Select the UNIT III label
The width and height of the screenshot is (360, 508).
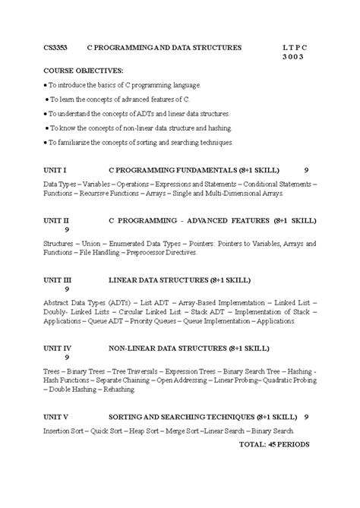(58, 279)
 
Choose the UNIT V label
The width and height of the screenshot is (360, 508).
(56, 417)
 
